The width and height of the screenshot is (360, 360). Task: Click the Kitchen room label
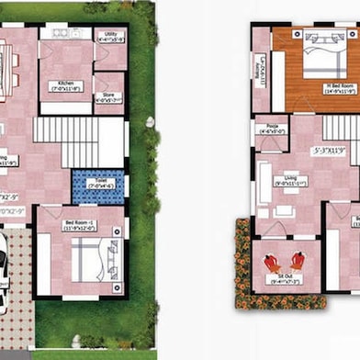[66, 86]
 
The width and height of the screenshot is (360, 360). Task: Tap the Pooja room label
[273, 129]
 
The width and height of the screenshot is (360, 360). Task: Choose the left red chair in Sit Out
[273, 261]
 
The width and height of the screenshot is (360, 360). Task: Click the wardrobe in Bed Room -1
[42, 266]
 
